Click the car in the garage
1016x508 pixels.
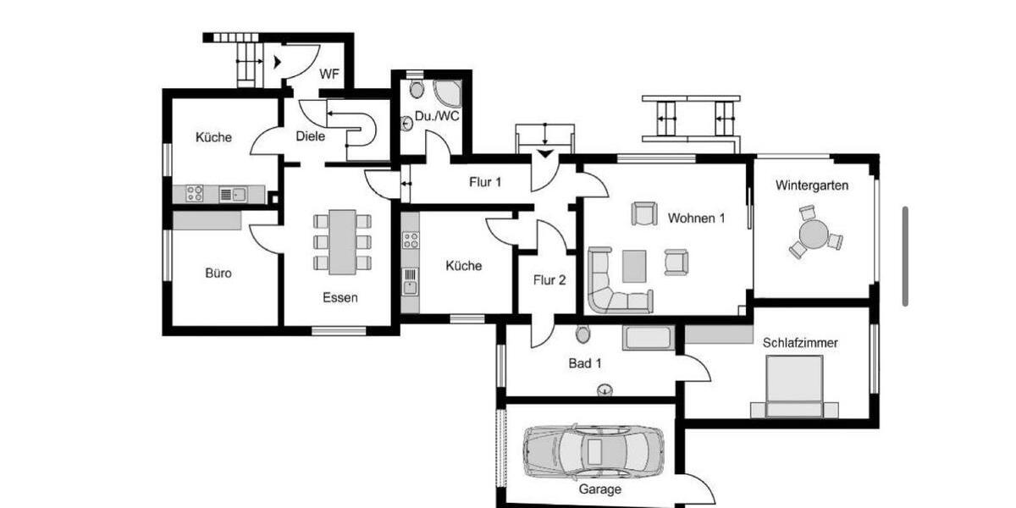click(580, 450)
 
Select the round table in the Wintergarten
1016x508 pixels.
click(814, 234)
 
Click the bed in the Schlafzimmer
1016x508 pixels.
click(794, 385)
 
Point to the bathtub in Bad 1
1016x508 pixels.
click(648, 338)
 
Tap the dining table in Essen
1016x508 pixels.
click(342, 242)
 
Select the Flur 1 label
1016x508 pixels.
click(485, 181)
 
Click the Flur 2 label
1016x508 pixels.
click(549, 279)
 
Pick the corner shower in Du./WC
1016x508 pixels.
click(446, 93)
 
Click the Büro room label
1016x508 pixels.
click(218, 273)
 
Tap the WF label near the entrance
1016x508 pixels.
click(329, 75)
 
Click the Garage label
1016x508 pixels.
click(599, 489)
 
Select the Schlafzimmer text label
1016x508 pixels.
click(800, 343)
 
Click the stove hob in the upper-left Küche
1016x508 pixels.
click(195, 194)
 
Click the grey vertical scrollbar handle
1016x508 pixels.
click(906, 257)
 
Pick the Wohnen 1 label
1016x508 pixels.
click(696, 218)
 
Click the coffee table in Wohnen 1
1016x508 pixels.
click(633, 266)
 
